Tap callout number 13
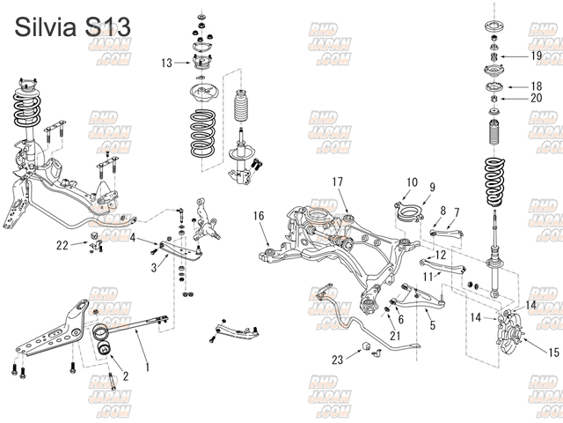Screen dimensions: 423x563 tap(167, 63)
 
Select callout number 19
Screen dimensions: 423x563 tap(536, 56)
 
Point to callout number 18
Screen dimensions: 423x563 tap(536, 86)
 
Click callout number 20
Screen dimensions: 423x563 tap(536, 99)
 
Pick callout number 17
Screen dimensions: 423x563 tap(337, 182)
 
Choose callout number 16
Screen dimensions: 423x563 tap(259, 216)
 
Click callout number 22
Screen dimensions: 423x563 tap(62, 244)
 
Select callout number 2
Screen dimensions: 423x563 tap(125, 375)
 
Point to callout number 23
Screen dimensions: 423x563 tap(337, 360)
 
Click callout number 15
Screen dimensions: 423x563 tap(552, 352)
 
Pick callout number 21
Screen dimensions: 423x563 tap(395, 336)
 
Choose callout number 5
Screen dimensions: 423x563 tap(432, 325)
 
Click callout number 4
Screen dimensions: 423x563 tap(133, 237)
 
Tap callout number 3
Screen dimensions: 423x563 tap(154, 266)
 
